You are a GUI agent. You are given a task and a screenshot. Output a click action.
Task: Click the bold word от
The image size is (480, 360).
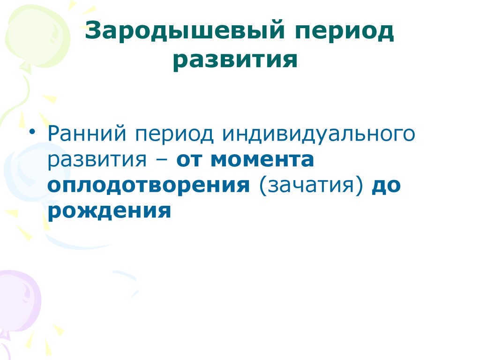tap(190, 161)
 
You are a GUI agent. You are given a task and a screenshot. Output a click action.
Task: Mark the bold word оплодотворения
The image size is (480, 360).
tap(148, 186)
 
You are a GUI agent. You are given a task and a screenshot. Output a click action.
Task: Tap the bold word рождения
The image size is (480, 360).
tap(109, 211)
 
